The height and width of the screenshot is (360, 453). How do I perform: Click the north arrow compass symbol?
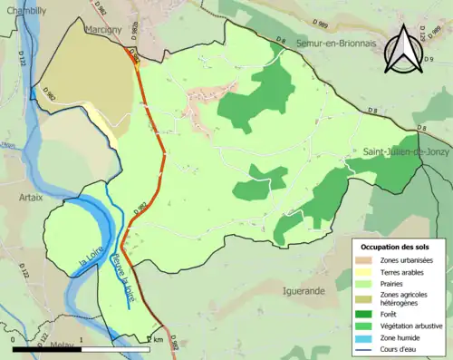click(403, 50)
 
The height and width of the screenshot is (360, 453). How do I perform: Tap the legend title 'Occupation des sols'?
click(396, 247)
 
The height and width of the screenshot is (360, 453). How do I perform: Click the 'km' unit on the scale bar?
click(159, 340)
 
